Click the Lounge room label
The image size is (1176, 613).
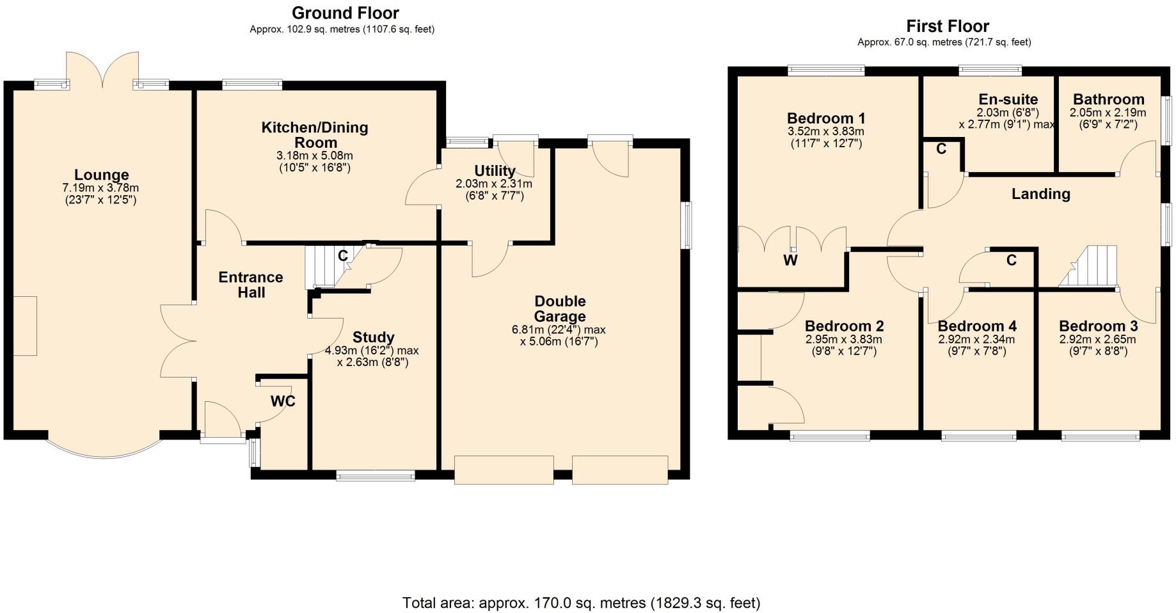[101, 175]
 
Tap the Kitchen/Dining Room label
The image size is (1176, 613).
[315, 134]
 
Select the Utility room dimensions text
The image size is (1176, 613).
[494, 190]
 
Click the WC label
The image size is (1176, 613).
[283, 401]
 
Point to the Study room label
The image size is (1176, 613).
[374, 337]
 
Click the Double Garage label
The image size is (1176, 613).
[560, 308]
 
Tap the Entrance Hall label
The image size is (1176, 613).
[251, 285]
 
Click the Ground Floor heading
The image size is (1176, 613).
[345, 13]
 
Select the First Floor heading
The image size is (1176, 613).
[948, 26]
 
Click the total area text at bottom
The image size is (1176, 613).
[581, 603]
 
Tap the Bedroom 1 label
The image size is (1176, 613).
[826, 118]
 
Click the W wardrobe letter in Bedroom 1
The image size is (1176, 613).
[791, 260]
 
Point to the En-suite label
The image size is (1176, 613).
[1008, 99]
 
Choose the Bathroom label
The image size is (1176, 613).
[1109, 99]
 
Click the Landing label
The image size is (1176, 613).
[1040, 194]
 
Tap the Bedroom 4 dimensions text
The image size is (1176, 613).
[976, 346]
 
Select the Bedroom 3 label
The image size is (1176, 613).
[1098, 326]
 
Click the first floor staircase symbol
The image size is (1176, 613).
[1090, 267]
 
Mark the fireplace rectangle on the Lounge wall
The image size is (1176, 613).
[25, 326]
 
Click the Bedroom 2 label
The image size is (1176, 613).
[844, 326]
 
